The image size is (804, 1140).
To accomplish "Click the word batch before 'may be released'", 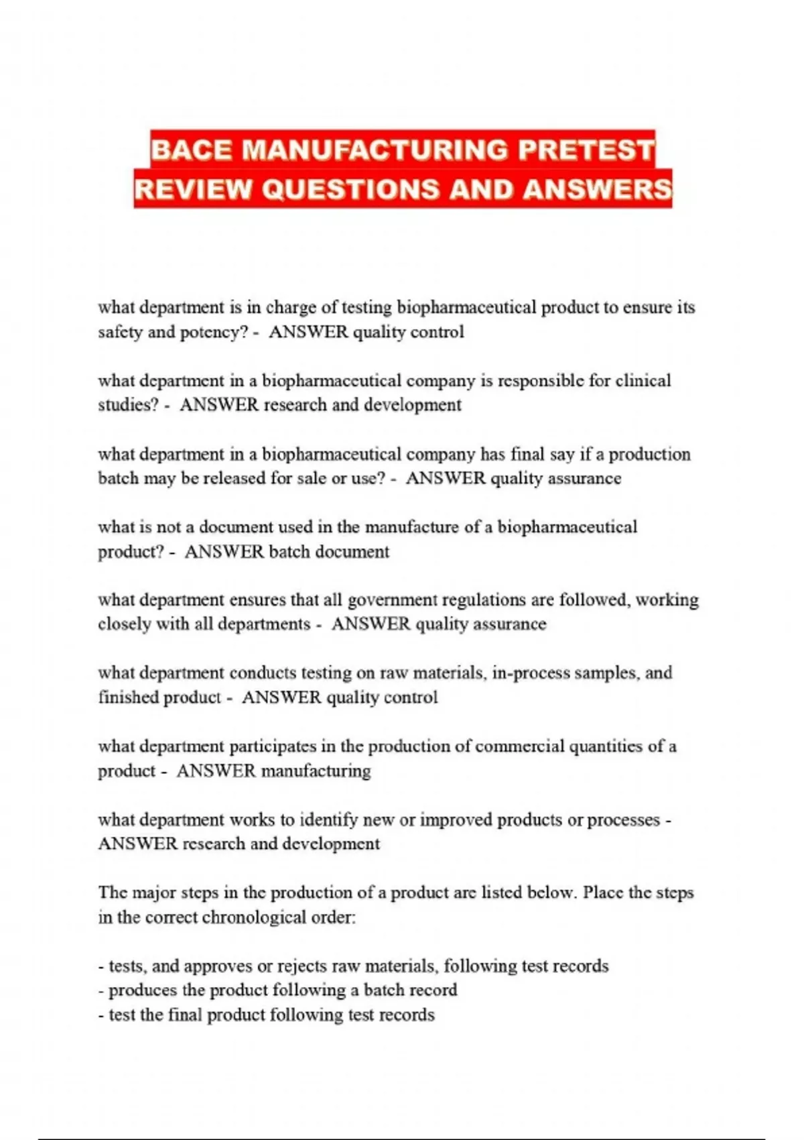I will [x=117, y=478].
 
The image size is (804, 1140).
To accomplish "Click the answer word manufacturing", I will [x=316, y=771].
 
